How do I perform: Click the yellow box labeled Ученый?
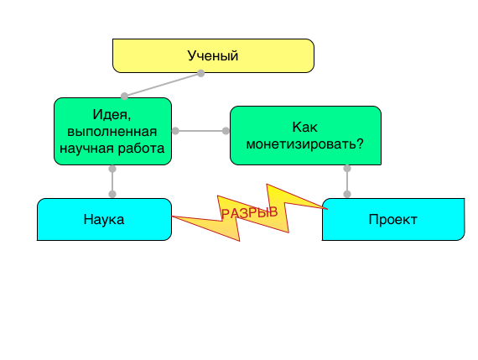[x=213, y=56]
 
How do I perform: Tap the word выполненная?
[x=112, y=132]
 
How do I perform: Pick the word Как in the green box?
[x=305, y=127]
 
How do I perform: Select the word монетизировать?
[x=305, y=144]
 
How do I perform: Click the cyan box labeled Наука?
[x=104, y=219]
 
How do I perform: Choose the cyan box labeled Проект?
[x=393, y=219]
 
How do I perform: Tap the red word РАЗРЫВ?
[x=250, y=212]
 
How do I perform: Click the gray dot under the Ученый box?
[x=201, y=73]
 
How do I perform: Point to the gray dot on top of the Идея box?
[x=124, y=97]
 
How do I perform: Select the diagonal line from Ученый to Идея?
[x=163, y=85]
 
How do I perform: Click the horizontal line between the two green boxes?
[x=200, y=131]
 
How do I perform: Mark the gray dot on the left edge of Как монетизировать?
[x=226, y=131]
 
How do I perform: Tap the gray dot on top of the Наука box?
[x=112, y=194]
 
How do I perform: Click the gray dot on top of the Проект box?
[x=347, y=194]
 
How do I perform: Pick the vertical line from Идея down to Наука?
[x=112, y=181]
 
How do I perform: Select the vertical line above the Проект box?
[x=347, y=181]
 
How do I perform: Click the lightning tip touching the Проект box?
[x=327, y=209]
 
